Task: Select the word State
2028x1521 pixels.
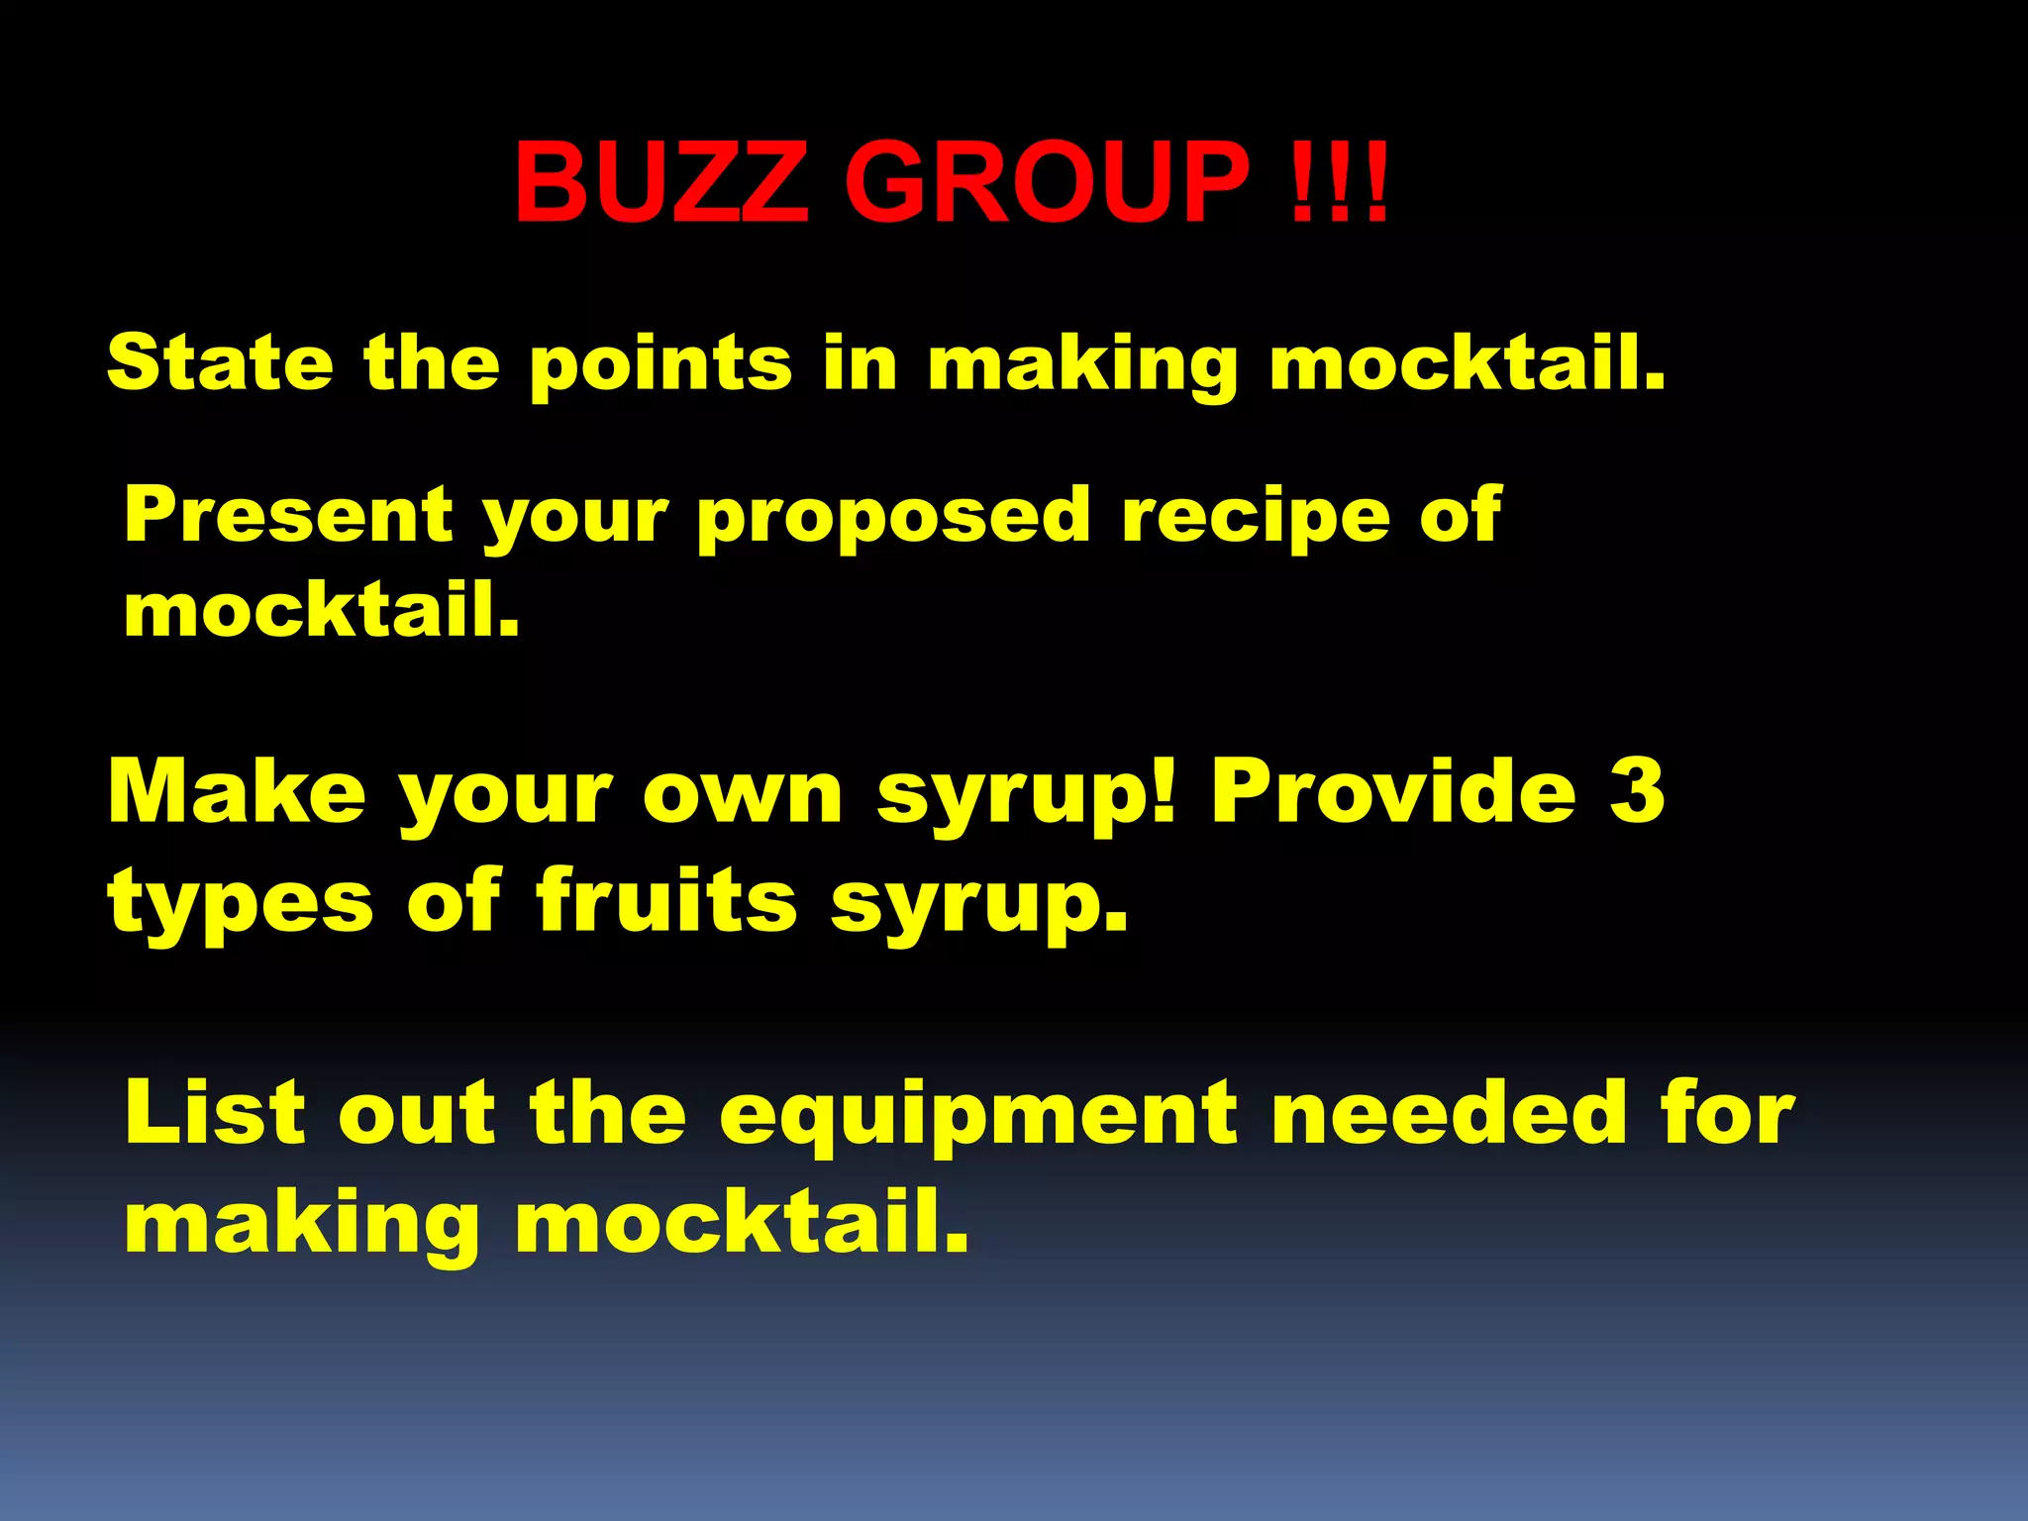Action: (x=220, y=362)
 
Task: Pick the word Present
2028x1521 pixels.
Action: (x=288, y=515)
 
